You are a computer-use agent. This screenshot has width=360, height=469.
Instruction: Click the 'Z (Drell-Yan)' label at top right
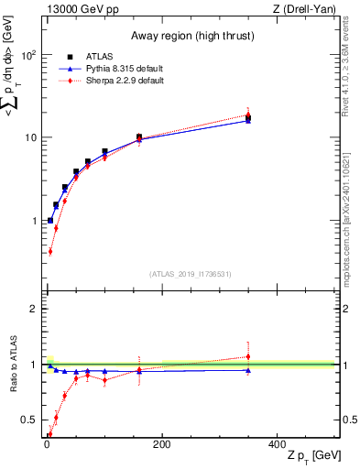point(303,10)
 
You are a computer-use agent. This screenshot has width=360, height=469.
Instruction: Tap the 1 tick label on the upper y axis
point(32,221)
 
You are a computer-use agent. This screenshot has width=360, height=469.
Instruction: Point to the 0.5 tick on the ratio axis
point(28,420)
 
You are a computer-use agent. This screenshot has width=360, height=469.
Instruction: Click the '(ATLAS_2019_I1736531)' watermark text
point(191,274)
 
